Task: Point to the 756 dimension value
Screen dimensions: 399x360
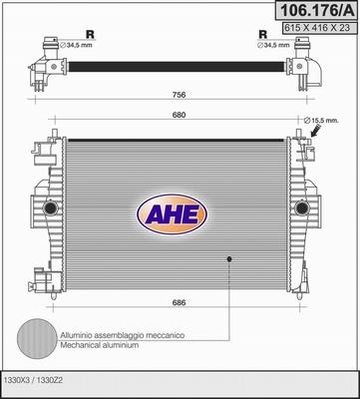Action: (177, 97)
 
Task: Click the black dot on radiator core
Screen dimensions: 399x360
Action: (229, 260)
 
